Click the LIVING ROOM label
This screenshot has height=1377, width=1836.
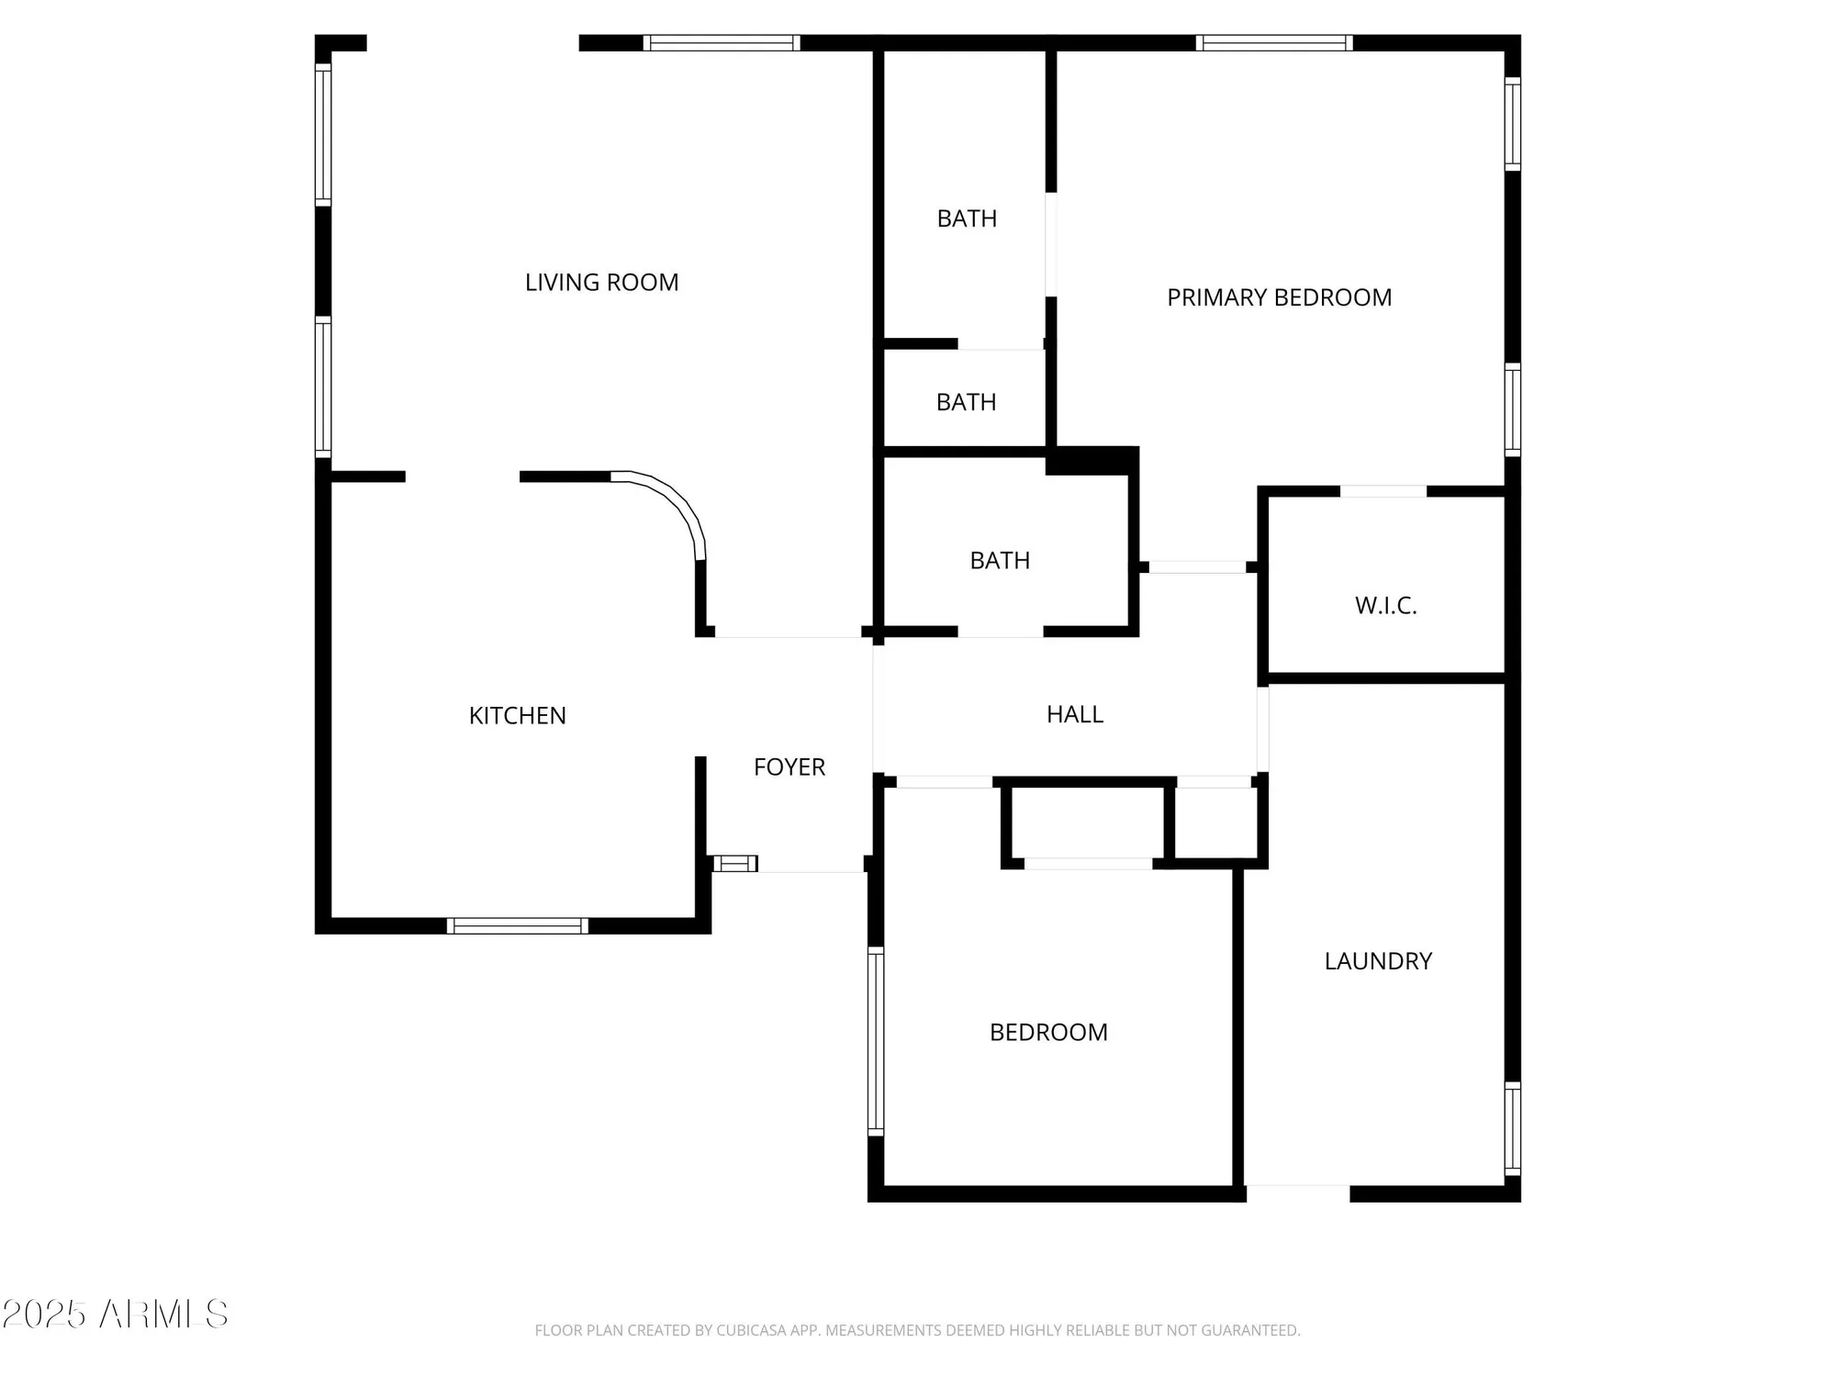coord(601,283)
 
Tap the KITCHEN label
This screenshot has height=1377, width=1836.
coord(517,716)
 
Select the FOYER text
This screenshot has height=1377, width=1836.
coord(789,767)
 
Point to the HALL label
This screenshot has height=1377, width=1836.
coord(1074,714)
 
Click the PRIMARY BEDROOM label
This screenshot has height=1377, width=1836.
coord(1279,297)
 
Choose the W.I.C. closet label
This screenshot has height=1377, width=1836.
coord(1385,606)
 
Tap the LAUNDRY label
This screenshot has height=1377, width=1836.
coord(1377,961)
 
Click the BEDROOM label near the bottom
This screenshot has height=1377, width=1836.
coord(1048,1033)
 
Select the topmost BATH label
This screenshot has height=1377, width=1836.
coord(967,218)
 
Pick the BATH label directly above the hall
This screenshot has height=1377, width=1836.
coord(1000,561)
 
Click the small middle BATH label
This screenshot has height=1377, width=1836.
coord(966,402)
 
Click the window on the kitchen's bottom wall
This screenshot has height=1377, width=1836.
coord(517,925)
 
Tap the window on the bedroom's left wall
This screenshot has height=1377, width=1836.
coord(876,1041)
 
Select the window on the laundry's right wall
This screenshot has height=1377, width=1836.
coord(1512,1128)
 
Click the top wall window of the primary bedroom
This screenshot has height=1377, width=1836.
coord(1273,43)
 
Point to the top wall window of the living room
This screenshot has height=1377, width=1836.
coord(721,43)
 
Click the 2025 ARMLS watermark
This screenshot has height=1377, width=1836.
coord(115,1315)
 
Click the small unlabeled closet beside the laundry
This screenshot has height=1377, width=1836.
coord(1215,823)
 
